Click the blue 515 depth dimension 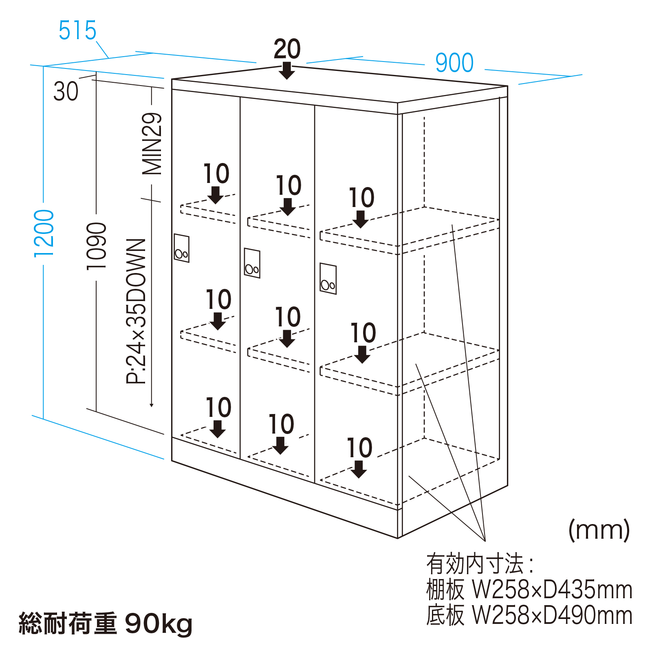tap(77, 30)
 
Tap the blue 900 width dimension tap(454, 63)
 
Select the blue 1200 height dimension tap(44, 233)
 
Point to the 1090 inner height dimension tap(97, 246)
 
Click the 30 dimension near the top tap(66, 91)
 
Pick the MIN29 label tap(152, 144)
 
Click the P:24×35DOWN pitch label tap(136, 311)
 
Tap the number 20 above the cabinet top tap(287, 49)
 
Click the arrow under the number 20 tap(287, 70)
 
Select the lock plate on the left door tap(181, 248)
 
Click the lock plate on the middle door tap(252, 263)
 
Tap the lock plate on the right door tap(328, 279)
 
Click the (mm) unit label tap(599, 530)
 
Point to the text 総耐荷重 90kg tap(106, 623)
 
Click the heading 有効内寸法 tap(475, 564)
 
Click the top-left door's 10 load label tap(216, 174)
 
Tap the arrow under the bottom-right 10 tap(359, 469)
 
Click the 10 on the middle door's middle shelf tap(288, 317)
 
